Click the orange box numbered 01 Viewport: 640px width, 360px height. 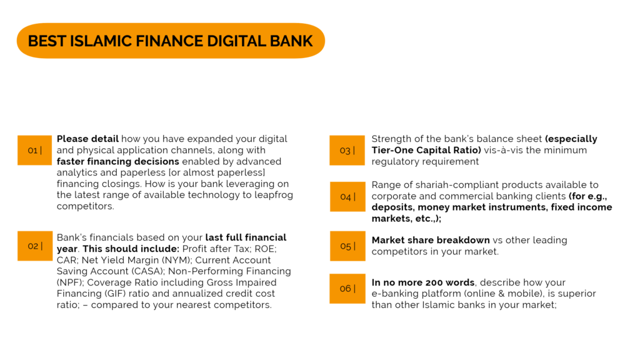point(35,150)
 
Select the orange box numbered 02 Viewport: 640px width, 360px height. point(35,246)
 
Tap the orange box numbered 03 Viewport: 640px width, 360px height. point(347,150)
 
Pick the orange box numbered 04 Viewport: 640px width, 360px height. point(347,197)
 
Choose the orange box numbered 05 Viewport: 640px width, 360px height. point(347,246)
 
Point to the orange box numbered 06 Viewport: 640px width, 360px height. point(347,289)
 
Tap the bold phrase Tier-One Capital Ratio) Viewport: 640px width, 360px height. point(426,150)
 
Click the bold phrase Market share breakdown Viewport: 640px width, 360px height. point(431,240)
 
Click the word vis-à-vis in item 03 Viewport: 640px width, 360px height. point(504,150)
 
